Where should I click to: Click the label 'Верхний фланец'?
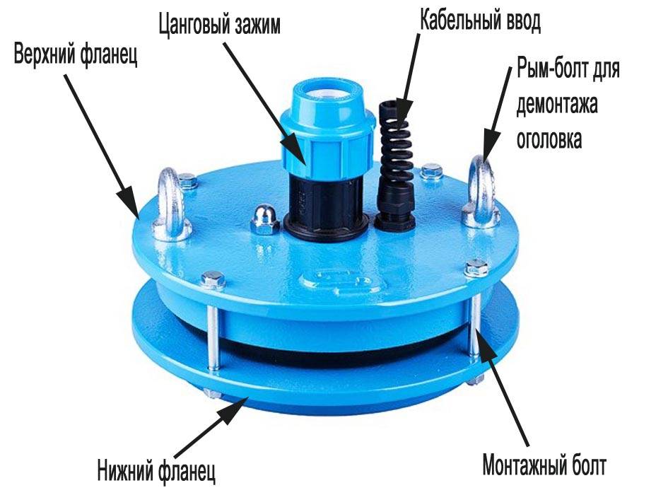click(x=76, y=55)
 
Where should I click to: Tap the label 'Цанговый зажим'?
click(x=219, y=24)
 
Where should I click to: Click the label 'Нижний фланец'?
click(x=156, y=470)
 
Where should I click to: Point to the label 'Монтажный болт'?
click(x=544, y=465)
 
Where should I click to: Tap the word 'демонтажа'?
click(x=557, y=105)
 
